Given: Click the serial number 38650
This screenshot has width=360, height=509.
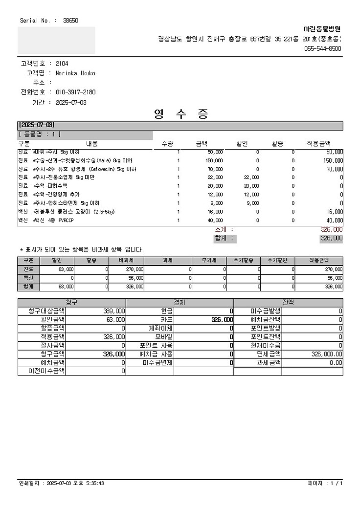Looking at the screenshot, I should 70,21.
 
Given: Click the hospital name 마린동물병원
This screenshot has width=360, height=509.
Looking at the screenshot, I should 322,29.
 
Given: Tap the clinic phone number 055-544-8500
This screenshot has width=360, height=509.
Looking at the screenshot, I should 323,48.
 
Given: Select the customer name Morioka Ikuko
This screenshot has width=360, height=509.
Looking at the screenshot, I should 75,73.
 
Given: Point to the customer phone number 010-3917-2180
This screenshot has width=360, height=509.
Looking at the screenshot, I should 76,92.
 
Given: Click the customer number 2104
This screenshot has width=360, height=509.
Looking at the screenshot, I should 62,64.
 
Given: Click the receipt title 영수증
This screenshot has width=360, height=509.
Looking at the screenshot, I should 181,114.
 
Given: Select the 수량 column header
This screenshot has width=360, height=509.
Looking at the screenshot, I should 167,143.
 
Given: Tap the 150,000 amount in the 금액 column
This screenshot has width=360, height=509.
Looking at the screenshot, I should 214,160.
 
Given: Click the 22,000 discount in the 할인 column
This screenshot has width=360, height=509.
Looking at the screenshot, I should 251,177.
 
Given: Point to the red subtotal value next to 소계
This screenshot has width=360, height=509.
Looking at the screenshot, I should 331,229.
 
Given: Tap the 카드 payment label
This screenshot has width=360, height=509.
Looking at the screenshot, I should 167,319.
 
